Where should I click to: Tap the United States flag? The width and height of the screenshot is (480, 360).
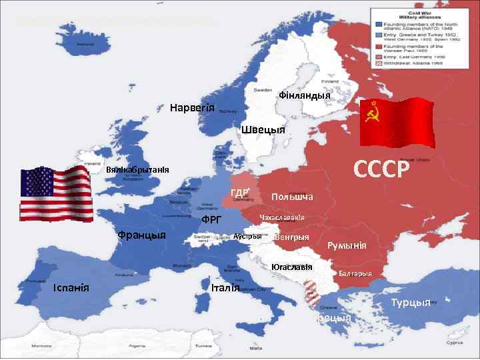pyautogui.click(x=55, y=193)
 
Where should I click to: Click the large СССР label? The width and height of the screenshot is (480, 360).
pyautogui.click(x=379, y=170)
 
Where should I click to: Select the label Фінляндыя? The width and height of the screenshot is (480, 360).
pyautogui.click(x=305, y=95)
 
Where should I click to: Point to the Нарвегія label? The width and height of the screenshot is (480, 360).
pyautogui.click(x=192, y=108)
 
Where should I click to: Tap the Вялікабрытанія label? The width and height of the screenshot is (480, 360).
pyautogui.click(x=138, y=170)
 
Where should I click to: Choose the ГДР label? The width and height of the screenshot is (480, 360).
pyautogui.click(x=241, y=193)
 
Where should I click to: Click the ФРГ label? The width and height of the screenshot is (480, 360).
pyautogui.click(x=211, y=219)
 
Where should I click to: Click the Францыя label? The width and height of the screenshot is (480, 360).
pyautogui.click(x=141, y=235)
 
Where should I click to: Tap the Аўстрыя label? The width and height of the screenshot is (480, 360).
pyautogui.click(x=247, y=237)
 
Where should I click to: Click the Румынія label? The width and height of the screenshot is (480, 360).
pyautogui.click(x=347, y=245)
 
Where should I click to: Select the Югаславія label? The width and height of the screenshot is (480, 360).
pyautogui.click(x=292, y=267)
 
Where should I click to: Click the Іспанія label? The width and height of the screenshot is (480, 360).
pyautogui.click(x=76, y=287)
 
